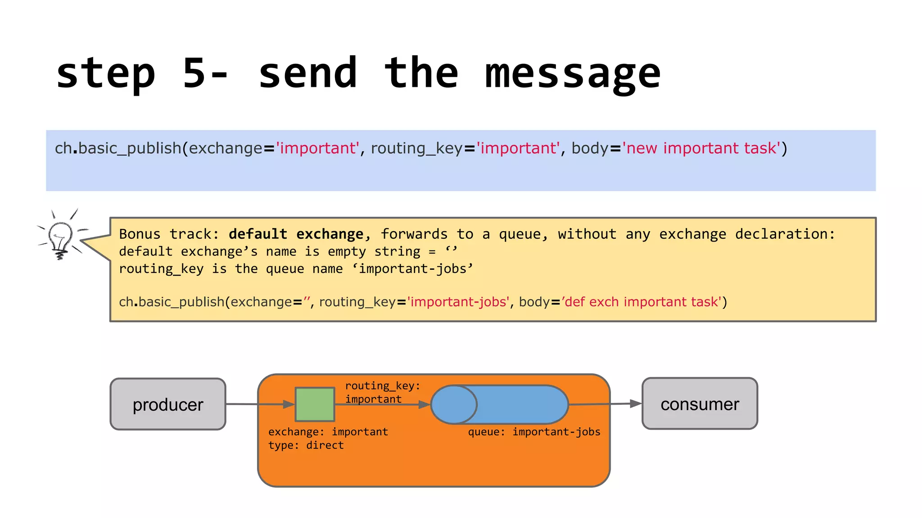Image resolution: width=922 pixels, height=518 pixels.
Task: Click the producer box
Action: (x=168, y=404)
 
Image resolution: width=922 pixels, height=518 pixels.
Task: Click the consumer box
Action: (x=700, y=404)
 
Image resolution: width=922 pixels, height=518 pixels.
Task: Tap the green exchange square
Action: (x=315, y=404)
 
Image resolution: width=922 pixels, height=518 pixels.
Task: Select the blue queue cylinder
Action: (x=500, y=404)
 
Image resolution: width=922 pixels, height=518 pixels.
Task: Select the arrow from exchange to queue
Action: (x=383, y=405)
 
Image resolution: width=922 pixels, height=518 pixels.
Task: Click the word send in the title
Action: (x=308, y=73)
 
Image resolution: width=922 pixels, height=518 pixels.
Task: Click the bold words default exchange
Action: (x=296, y=234)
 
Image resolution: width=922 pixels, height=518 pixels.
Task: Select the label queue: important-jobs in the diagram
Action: (x=534, y=432)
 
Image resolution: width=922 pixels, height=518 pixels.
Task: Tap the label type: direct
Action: (x=306, y=445)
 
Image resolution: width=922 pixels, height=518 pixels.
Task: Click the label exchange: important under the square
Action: (x=328, y=432)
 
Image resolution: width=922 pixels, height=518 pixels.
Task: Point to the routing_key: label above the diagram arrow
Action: (x=383, y=386)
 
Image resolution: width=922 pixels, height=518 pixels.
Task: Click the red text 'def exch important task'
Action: (x=643, y=302)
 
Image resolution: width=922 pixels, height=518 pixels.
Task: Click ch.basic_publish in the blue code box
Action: (x=118, y=148)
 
